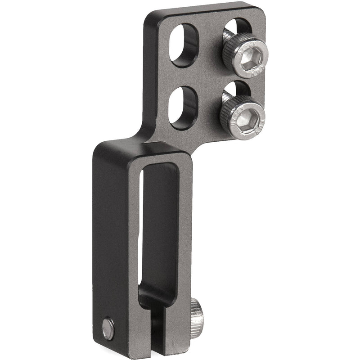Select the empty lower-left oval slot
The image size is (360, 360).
183,107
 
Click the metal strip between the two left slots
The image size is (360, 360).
183,76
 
